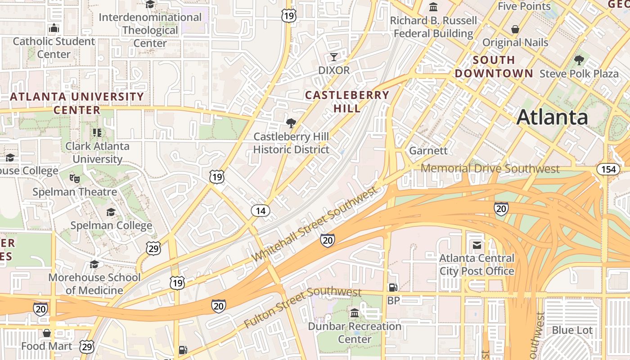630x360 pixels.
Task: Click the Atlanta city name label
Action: click(x=552, y=117)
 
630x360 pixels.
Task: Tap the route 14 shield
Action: click(x=261, y=211)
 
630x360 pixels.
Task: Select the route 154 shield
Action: click(x=608, y=169)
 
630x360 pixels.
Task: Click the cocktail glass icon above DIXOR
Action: click(x=333, y=57)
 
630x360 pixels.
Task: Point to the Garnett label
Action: click(x=428, y=151)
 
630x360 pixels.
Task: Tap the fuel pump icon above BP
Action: click(x=393, y=287)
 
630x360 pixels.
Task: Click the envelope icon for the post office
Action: click(x=477, y=245)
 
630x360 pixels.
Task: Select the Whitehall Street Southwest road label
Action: click(x=315, y=224)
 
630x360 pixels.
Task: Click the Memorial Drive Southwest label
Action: click(x=490, y=169)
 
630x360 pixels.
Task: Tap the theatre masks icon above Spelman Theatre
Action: click(x=75, y=179)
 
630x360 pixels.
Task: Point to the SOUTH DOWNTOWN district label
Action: click(x=494, y=67)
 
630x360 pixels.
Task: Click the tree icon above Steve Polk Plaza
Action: click(x=579, y=60)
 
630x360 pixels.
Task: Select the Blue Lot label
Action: click(x=572, y=330)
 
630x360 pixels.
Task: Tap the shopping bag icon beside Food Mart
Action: click(x=47, y=333)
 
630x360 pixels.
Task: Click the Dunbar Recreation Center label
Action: click(x=355, y=333)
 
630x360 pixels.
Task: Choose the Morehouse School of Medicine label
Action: click(x=94, y=284)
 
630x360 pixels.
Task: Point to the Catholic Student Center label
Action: click(x=54, y=48)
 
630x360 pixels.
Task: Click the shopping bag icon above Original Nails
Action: click(x=515, y=29)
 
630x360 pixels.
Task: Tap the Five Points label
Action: click(x=524, y=6)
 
